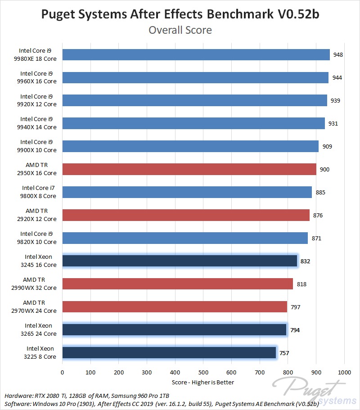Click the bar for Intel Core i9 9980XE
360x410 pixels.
(196, 54)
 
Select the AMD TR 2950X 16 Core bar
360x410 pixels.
(189, 169)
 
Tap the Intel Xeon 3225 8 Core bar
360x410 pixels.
(169, 353)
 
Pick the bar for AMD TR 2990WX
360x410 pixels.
(177, 284)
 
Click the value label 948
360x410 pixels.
(338, 55)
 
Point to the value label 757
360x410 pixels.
(284, 353)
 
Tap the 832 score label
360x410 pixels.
(306, 261)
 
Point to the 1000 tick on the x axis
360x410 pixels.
(344, 372)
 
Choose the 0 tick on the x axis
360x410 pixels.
(62, 372)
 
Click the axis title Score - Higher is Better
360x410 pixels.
(203, 382)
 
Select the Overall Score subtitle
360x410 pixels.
(180, 30)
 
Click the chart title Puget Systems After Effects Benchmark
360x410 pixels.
(180, 14)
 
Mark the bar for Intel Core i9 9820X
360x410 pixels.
(185, 238)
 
